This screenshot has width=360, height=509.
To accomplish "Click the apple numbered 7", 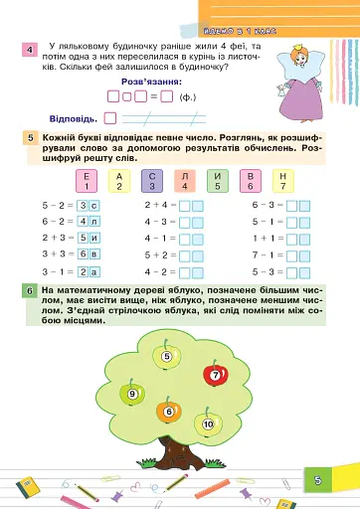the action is [215, 376].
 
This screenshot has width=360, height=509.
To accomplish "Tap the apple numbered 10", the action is [207, 424].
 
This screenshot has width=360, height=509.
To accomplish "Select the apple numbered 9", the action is [131, 394].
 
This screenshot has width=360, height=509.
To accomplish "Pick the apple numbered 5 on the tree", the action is [166, 356].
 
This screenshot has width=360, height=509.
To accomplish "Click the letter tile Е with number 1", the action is [88, 180].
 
